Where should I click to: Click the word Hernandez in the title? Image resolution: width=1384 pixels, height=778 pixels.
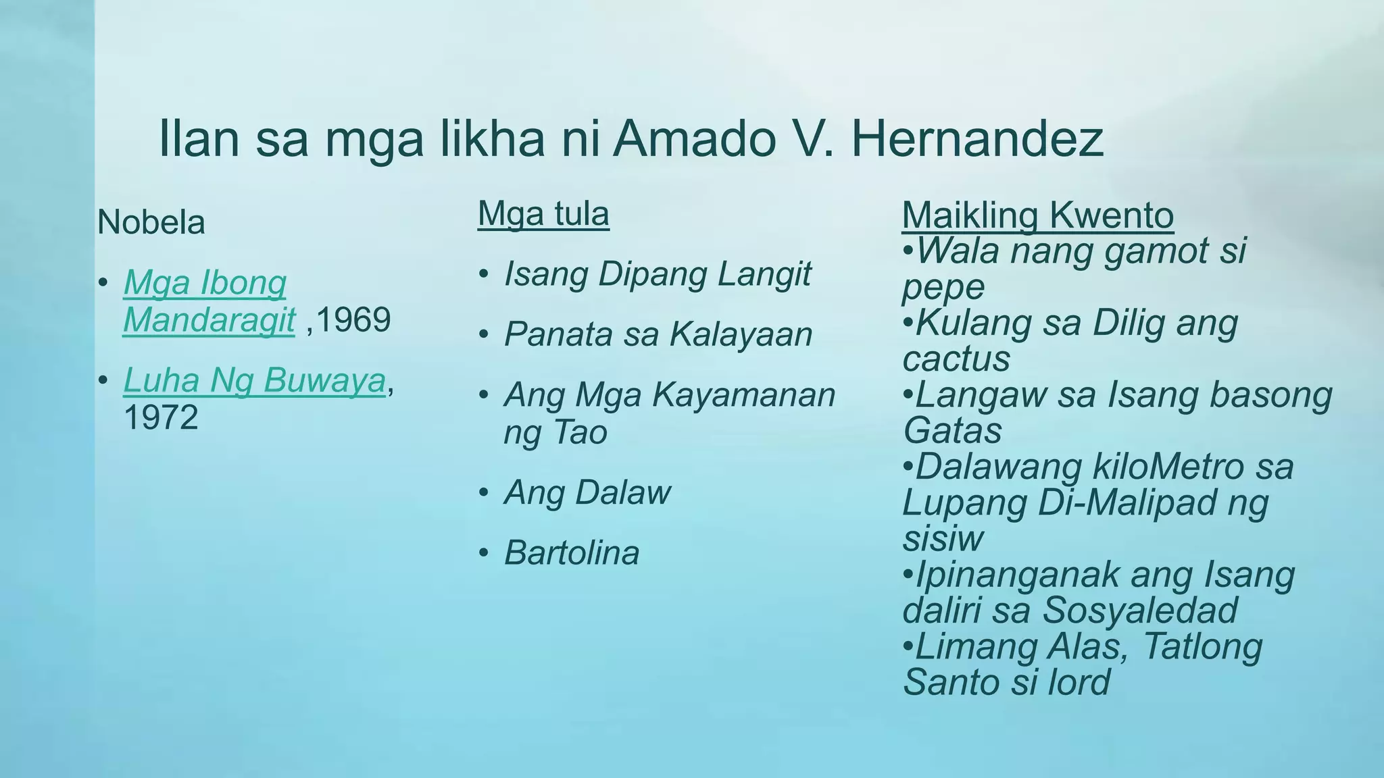(x=977, y=138)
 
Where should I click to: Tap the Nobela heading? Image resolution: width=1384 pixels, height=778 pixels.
(x=151, y=222)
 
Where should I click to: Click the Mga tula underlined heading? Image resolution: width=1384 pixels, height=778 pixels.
(x=543, y=214)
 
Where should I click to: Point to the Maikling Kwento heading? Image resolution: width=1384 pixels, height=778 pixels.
(x=1037, y=215)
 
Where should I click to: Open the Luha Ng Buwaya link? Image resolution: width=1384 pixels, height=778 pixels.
(x=254, y=380)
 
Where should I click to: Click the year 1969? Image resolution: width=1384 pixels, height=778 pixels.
(x=353, y=319)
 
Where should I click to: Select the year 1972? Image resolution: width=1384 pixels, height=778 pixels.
(x=161, y=417)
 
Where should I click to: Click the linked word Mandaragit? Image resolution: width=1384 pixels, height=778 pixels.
(x=209, y=319)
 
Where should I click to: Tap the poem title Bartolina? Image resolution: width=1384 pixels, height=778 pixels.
(x=572, y=553)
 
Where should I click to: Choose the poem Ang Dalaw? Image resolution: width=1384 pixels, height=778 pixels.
(x=587, y=492)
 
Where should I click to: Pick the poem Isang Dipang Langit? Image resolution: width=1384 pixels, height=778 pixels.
(x=657, y=274)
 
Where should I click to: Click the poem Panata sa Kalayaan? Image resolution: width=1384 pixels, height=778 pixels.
(x=658, y=334)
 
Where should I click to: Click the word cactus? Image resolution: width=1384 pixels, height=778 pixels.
(x=956, y=359)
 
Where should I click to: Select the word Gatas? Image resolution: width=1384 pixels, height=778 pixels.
(x=952, y=431)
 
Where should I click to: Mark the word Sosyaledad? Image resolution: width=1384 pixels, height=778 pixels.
(x=1140, y=610)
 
